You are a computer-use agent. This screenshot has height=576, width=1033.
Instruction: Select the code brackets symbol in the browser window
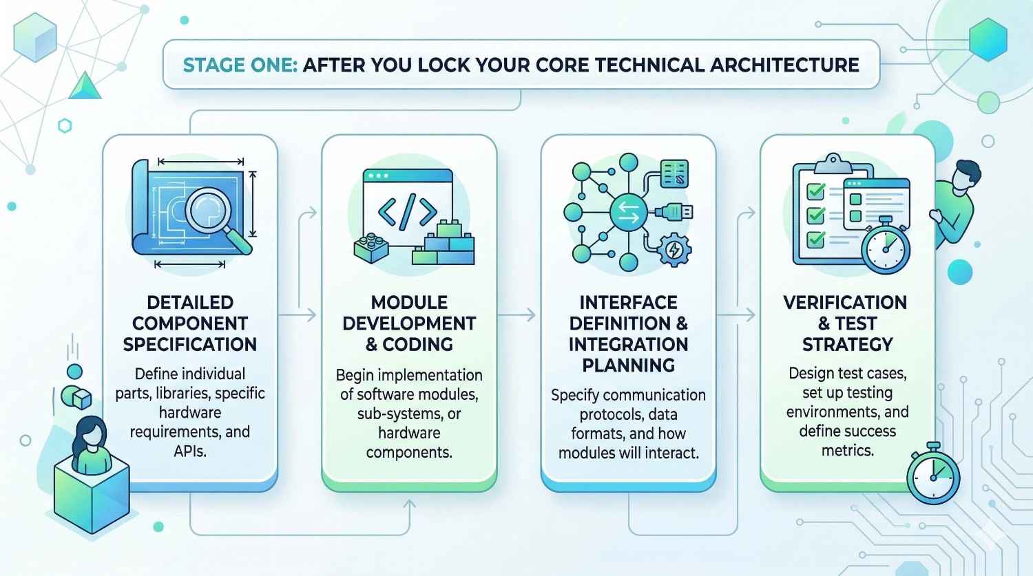[x=407, y=212]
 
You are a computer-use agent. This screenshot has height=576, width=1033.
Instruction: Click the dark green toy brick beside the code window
[x=371, y=247]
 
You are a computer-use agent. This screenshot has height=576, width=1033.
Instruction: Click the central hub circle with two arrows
[x=628, y=212]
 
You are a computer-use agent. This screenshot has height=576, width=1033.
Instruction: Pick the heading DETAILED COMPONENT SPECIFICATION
[x=189, y=323]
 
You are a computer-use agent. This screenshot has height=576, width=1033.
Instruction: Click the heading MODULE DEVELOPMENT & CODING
[x=408, y=323]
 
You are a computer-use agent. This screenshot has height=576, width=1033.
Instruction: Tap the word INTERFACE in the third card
[x=628, y=302]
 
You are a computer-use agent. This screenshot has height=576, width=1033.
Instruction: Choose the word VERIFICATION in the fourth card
[x=845, y=302]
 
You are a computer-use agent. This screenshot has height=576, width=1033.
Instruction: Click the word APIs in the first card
[x=190, y=451]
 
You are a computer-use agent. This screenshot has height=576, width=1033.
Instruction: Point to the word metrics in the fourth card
[x=847, y=451]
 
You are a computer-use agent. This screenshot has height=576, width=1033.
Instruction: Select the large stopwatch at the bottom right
[x=933, y=476]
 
